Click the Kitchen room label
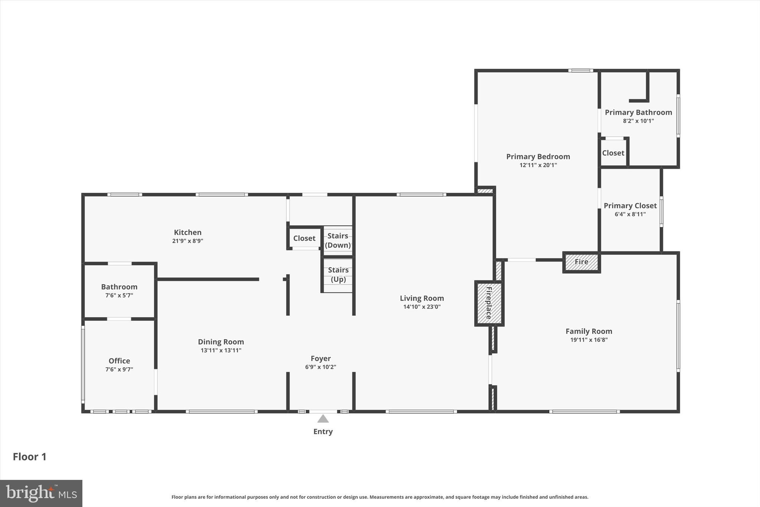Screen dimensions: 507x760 187,233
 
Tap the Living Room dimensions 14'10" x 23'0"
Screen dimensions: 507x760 422,307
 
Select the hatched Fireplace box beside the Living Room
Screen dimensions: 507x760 489,303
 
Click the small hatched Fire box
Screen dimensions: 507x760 581,262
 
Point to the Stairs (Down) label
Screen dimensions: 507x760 338,240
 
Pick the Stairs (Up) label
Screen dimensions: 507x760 338,274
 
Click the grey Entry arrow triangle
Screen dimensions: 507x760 323,419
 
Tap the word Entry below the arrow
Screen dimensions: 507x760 323,432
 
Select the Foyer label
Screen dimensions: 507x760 321,358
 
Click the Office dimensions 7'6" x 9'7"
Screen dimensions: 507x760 119,370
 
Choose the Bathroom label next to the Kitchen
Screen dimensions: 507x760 119,287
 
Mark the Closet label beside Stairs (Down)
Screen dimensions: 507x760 304,238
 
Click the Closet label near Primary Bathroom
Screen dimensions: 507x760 613,153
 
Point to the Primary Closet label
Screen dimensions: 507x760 630,206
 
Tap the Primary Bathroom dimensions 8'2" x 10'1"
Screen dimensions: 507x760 638,121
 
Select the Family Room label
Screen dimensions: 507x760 589,331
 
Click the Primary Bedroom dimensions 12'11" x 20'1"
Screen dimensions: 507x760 538,165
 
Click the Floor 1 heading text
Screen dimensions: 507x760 30,457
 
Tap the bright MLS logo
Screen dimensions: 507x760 41,493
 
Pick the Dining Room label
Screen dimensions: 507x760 221,342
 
